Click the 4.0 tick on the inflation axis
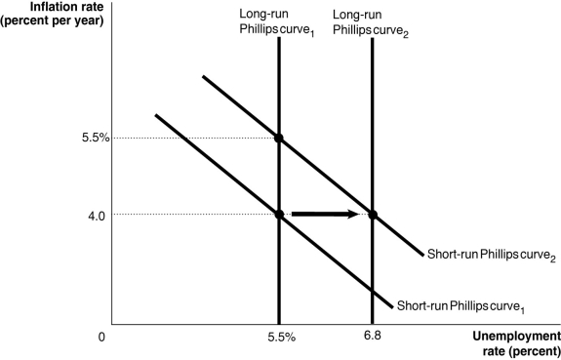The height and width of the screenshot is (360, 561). [94, 214]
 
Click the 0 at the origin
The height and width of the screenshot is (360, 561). [101, 338]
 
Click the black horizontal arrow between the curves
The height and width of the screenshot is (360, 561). [327, 214]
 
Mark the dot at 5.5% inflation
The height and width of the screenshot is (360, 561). [279, 138]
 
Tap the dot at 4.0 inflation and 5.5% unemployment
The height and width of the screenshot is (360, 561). [279, 214]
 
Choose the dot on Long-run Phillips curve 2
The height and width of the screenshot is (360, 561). [372, 214]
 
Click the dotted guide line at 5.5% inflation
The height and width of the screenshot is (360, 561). [195, 138]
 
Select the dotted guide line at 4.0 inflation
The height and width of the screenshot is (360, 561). [195, 214]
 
